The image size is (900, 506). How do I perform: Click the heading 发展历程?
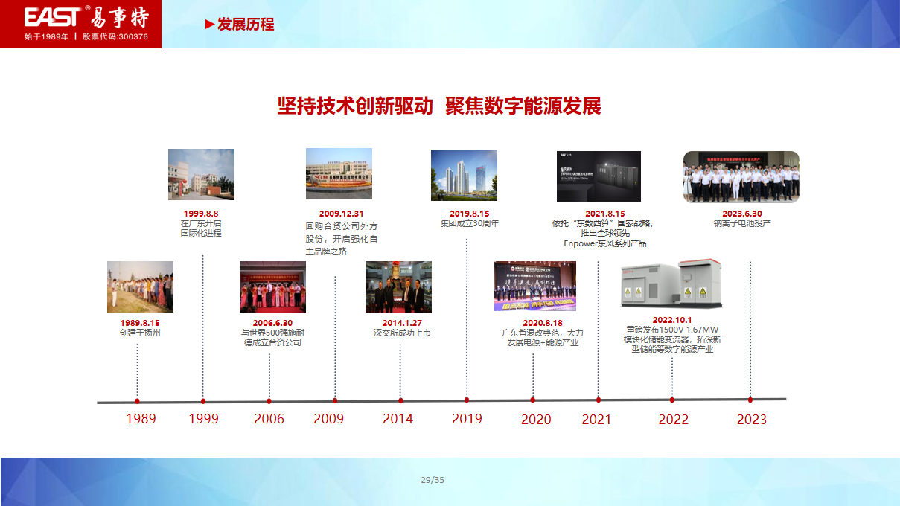coord(245,25)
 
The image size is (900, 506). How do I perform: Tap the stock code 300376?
coord(132,36)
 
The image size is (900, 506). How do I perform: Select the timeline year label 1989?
coord(141,419)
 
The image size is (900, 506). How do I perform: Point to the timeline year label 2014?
coord(398,419)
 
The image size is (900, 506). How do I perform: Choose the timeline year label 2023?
coord(751,420)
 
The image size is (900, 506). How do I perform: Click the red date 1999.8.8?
coord(201,214)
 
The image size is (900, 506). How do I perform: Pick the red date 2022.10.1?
coord(672,320)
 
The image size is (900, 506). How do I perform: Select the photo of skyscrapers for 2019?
coord(464,175)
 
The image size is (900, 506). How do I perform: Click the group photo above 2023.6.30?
coord(741,176)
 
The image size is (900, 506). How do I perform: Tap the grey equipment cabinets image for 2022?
coord(671,284)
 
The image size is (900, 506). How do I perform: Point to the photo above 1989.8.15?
coord(140,286)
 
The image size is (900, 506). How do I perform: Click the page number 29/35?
coord(433,480)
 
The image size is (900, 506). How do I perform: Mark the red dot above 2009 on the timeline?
coord(335,400)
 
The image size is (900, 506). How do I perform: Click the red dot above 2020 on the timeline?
coord(533,400)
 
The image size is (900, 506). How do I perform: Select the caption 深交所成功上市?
coord(402,333)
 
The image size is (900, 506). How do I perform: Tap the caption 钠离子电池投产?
coord(741,223)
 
